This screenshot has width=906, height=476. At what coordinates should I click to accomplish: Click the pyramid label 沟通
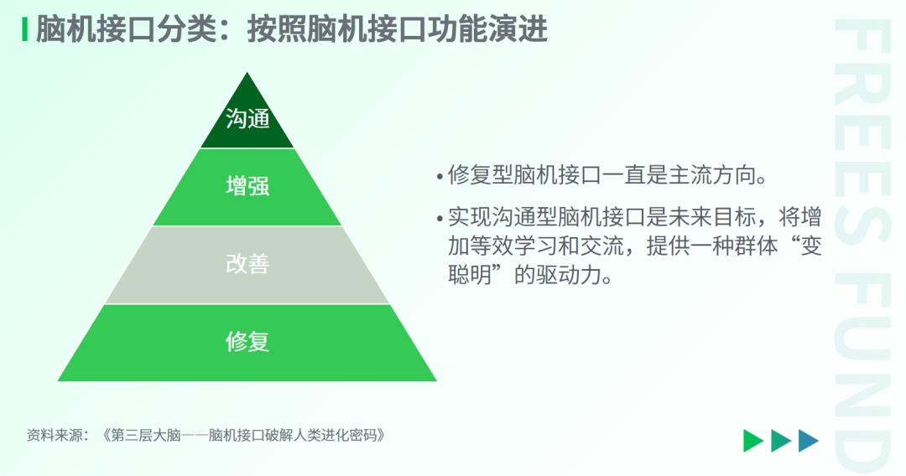pos(247,119)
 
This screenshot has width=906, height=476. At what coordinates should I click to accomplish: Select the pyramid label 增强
pos(247,186)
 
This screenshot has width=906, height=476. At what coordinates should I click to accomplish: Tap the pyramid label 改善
pos(247,264)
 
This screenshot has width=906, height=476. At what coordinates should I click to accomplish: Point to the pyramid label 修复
pos(247,342)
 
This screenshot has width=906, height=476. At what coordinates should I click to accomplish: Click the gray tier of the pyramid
pos(247,282)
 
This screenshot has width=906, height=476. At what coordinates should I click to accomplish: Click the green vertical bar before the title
pos(25,29)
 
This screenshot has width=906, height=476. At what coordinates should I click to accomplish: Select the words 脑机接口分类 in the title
pos(126,29)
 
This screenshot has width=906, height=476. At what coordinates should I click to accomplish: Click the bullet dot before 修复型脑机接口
pos(440,176)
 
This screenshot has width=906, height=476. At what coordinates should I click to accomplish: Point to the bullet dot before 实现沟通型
pos(440,219)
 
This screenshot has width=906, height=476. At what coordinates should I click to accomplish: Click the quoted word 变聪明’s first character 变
pos(810,246)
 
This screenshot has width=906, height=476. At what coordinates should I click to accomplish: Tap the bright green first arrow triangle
pos(753,440)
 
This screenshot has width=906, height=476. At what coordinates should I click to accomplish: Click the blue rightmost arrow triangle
pos(809,440)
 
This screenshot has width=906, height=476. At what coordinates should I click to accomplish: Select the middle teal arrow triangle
pos(781,440)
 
